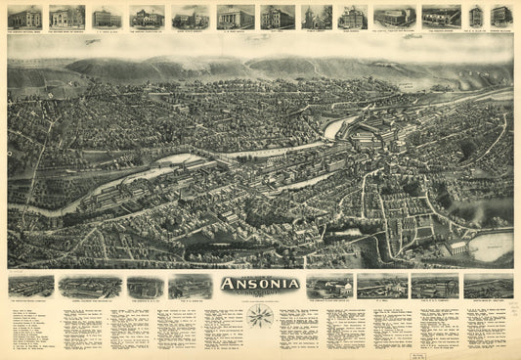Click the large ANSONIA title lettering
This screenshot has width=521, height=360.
[259, 286]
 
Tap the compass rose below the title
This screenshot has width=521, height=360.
[259, 315]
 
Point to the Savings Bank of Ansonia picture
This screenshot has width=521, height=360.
[67, 17]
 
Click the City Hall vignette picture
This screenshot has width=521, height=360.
[278, 17]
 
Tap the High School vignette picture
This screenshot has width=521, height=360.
[353, 17]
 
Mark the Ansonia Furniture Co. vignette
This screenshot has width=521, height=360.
[441, 17]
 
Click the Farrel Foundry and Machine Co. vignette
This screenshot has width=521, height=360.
[90, 286]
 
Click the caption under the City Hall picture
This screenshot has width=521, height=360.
[278, 31]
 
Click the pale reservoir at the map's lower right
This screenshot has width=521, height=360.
[492, 245]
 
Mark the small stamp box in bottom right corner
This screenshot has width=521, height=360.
[505, 353]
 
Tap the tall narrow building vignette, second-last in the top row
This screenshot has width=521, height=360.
[475, 17]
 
